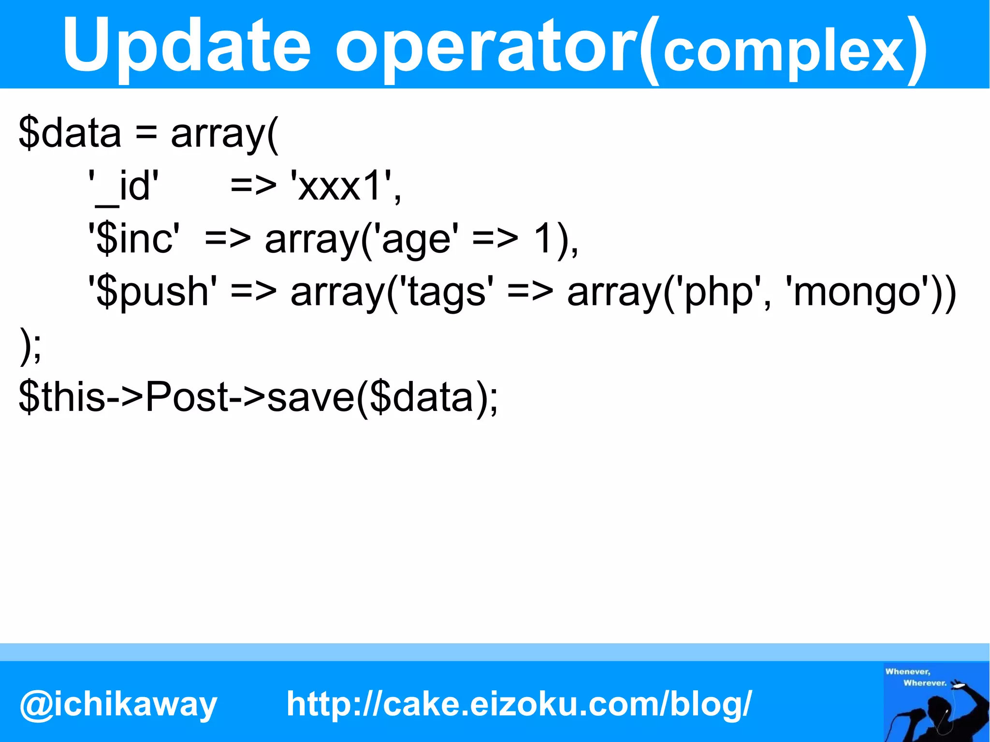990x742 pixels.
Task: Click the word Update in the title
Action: [186, 46]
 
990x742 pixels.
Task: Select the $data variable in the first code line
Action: [70, 133]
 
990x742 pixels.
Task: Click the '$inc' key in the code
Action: [133, 239]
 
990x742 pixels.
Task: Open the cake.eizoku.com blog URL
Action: [519, 703]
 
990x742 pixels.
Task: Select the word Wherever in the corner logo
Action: [924, 683]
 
